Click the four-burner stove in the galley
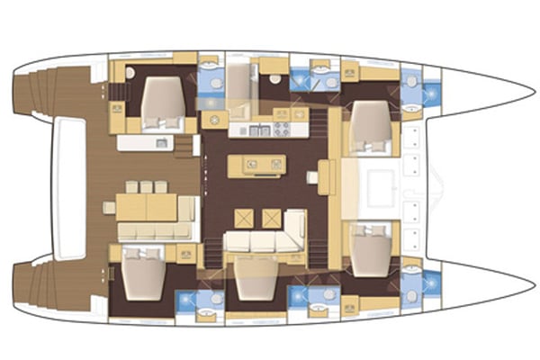(281, 129)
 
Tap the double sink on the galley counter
(257, 130)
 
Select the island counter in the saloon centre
(258, 164)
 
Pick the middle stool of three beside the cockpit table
(147, 187)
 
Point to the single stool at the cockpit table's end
(109, 207)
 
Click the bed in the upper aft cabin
(162, 99)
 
